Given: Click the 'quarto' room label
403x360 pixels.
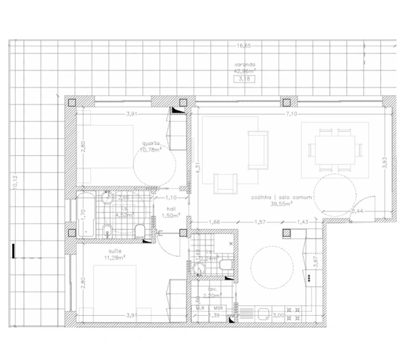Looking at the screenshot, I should (x=150, y=142).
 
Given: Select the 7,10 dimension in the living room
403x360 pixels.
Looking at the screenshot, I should (x=291, y=113).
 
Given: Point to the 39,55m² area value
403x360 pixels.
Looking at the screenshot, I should (x=272, y=203).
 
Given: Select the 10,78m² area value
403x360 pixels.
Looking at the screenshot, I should (x=150, y=149).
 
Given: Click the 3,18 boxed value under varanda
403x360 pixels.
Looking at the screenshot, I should (x=245, y=79).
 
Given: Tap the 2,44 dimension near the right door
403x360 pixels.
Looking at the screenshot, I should (x=358, y=211).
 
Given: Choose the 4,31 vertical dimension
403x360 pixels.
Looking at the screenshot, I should (x=198, y=167).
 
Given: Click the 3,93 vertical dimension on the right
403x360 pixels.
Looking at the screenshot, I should (x=384, y=162).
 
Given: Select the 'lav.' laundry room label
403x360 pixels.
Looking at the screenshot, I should (x=207, y=288).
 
